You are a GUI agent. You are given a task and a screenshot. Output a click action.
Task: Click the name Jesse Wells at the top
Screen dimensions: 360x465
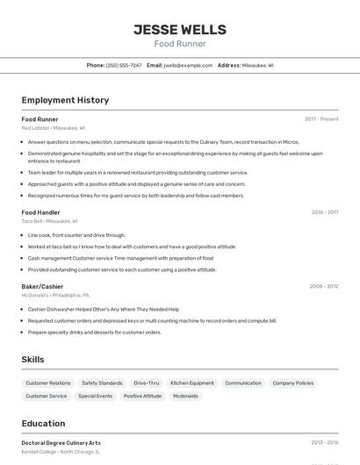coord(179,30)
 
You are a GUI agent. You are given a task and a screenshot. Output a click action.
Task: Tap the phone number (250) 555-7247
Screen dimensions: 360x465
coord(123,66)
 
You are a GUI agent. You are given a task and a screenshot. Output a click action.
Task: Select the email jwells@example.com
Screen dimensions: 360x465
coord(188,66)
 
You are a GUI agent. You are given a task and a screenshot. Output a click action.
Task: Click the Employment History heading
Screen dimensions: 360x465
coord(65,100)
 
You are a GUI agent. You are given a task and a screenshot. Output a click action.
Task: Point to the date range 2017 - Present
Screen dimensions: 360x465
coord(321,119)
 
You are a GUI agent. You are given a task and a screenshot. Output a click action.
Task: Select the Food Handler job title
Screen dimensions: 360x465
coord(40,212)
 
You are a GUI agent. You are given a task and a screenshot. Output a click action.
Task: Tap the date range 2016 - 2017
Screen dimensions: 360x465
coord(325,212)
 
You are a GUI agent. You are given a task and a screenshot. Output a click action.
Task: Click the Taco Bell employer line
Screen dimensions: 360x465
coord(49,222)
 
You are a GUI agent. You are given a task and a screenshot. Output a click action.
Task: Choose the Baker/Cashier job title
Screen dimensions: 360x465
coord(42,286)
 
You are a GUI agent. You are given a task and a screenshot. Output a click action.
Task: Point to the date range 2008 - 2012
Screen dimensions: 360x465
coord(324,286)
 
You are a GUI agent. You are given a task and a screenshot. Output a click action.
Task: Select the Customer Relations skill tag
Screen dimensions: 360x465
coord(48,383)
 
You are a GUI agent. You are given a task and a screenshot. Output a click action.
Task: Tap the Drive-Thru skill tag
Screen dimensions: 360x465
coord(147,383)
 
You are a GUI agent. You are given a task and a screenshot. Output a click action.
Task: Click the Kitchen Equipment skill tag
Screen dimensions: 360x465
coord(192,383)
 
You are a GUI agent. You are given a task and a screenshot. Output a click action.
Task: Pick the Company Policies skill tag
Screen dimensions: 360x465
coord(292,383)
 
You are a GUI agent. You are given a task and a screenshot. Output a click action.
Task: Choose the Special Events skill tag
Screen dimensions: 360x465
coord(95,397)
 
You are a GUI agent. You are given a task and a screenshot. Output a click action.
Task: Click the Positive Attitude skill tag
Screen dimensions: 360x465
coord(142,397)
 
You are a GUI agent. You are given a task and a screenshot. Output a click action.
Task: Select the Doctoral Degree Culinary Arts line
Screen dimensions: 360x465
coord(61,443)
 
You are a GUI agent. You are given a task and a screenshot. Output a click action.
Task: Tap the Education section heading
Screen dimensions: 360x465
coord(43,424)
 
